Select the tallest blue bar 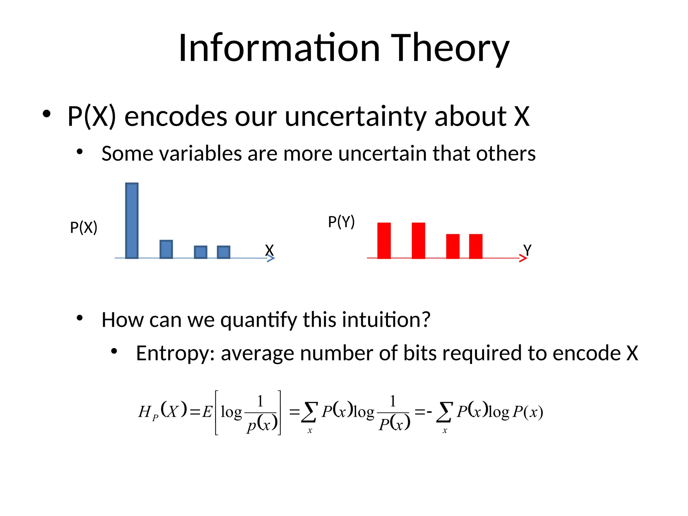point(132,221)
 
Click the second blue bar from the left point(166,249)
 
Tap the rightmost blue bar point(223,252)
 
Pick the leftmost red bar point(384,241)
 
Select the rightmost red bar point(476,246)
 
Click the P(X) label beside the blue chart point(84,227)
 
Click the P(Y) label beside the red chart point(341,222)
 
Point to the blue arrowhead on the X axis point(271,258)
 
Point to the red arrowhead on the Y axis point(523,258)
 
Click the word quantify point(259,320)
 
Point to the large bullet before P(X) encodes point(46,114)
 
